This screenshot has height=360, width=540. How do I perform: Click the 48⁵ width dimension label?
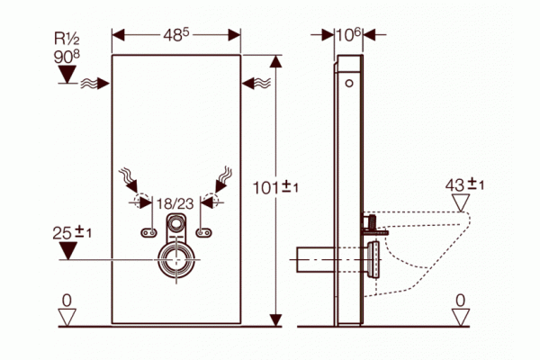[x=176, y=35]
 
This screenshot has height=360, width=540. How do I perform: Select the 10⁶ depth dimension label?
[x=348, y=35]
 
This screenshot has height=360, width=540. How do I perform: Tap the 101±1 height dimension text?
[x=275, y=187]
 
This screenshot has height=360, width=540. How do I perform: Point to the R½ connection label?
[x=67, y=39]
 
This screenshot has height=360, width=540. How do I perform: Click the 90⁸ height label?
[x=67, y=57]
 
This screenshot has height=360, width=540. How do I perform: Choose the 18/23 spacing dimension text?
[x=175, y=204]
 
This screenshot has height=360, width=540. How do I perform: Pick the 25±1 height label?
[x=72, y=233]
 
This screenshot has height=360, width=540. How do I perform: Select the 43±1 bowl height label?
[x=464, y=185]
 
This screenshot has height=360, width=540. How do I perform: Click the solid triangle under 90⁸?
[x=67, y=74]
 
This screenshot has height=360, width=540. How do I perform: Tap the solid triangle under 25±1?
[x=68, y=250]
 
